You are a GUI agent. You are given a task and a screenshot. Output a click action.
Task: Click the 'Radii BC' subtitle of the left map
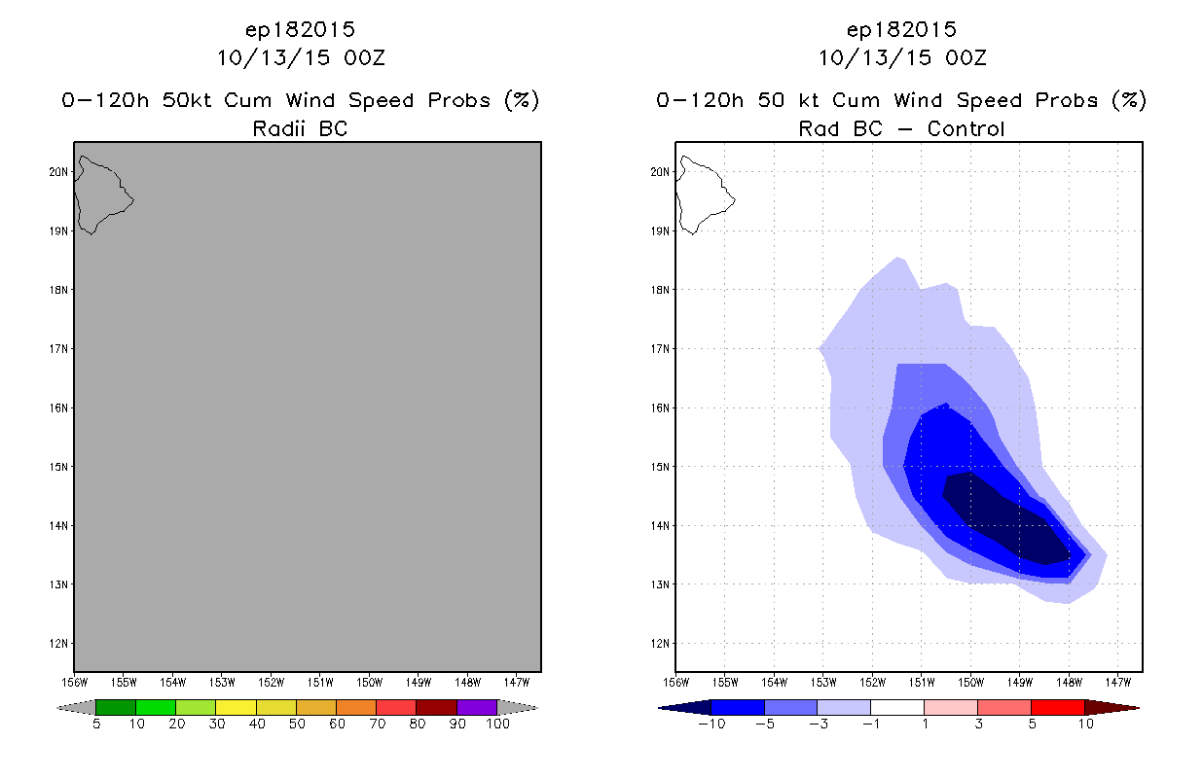pos(300,128)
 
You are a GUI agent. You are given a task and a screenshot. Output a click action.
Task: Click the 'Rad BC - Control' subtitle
pos(901,128)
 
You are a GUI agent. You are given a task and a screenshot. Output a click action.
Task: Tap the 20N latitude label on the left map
pos(60,172)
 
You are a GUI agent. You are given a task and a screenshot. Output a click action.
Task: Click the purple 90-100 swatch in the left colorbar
pos(477,707)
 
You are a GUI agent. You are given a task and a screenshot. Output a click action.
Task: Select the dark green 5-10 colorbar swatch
pos(116,707)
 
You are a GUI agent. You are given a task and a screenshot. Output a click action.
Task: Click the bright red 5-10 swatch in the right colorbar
pos(1057,707)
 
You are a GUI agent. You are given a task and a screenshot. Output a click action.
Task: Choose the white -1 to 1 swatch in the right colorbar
pos(897,707)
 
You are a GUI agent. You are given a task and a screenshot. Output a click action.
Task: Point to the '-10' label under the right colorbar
pos(711,724)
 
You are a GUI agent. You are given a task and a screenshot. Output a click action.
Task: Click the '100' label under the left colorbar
pos(497,724)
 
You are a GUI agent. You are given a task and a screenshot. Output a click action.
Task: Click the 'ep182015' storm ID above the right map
pos(901,29)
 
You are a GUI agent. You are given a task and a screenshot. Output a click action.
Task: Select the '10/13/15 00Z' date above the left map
pos(300,57)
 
